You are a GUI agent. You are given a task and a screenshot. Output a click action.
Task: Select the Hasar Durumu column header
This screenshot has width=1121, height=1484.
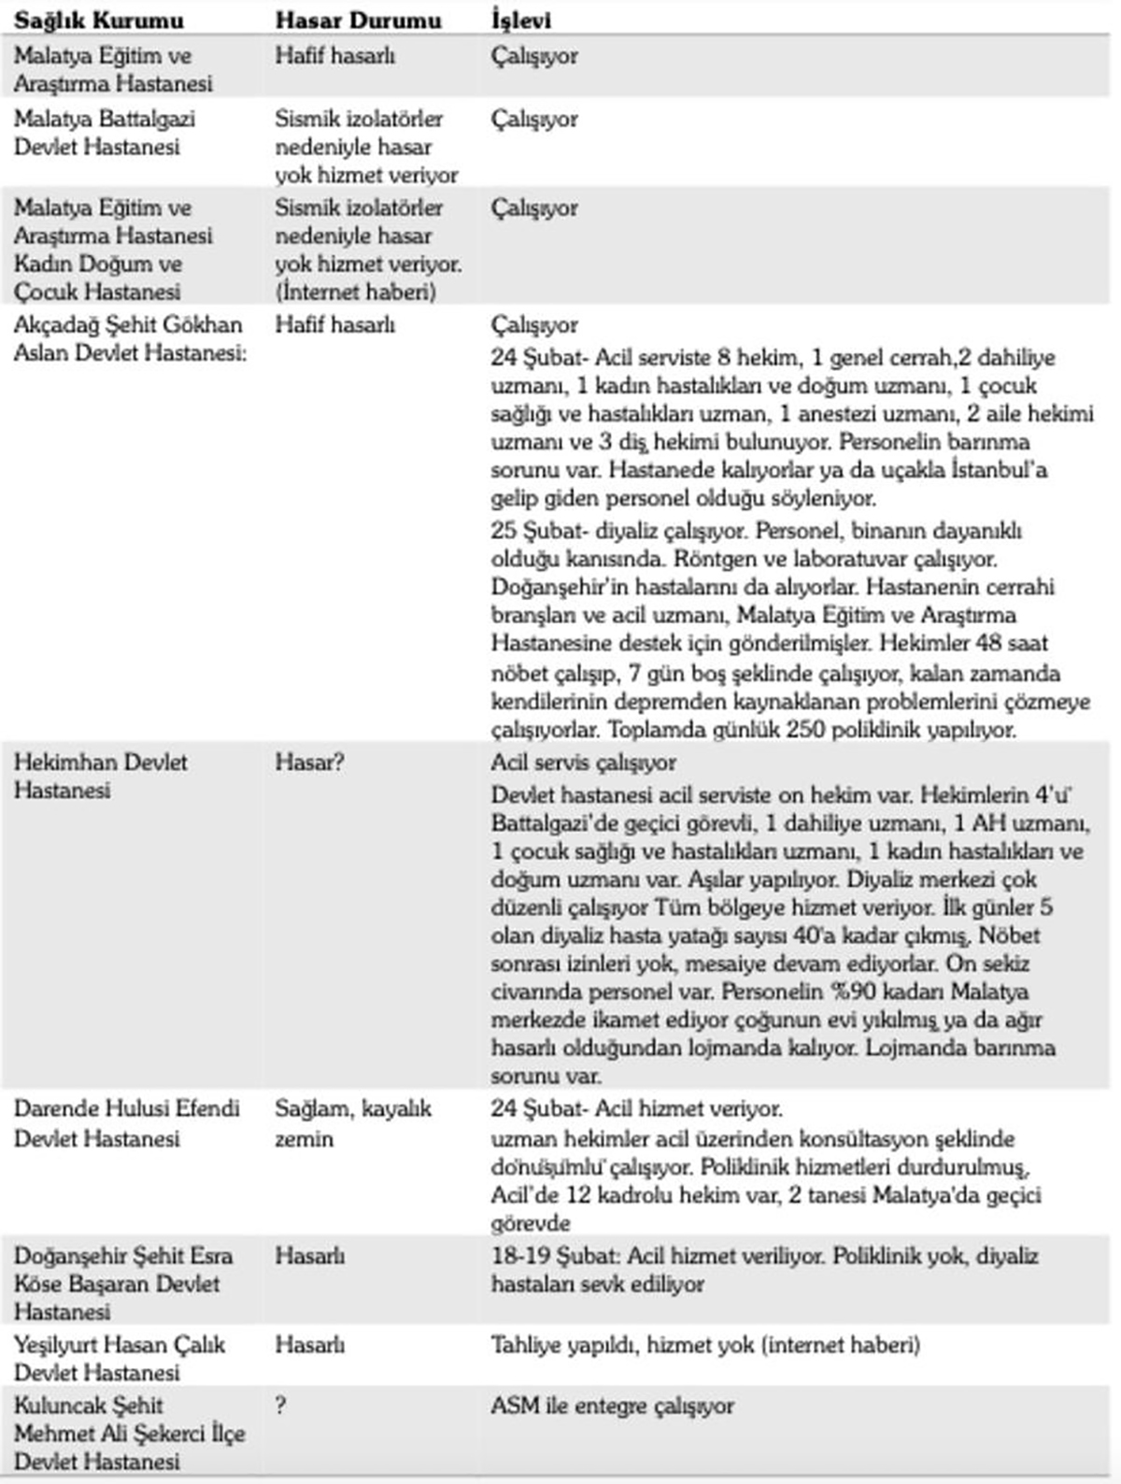(x=358, y=21)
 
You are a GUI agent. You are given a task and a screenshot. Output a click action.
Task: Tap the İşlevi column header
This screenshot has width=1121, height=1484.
(x=520, y=21)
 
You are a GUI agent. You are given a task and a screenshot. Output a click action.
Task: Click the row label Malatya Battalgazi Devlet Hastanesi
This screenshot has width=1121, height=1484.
(x=105, y=133)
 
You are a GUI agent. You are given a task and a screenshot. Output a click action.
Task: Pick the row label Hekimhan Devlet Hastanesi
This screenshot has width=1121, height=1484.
(x=100, y=776)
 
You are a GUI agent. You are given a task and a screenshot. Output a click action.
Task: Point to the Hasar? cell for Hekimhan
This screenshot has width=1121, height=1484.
(x=309, y=763)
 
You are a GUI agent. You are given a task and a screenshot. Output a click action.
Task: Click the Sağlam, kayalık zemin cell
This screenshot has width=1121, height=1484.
(x=353, y=1123)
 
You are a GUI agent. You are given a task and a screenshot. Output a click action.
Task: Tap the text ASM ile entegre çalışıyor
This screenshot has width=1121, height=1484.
(x=612, y=1406)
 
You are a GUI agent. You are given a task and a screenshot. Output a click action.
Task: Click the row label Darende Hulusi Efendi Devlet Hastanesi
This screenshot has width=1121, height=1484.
(x=126, y=1123)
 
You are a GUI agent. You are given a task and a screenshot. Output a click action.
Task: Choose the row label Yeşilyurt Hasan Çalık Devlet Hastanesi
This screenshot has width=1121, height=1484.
(x=120, y=1359)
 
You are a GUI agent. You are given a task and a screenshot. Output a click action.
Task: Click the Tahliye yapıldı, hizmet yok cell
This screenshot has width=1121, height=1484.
(x=705, y=1346)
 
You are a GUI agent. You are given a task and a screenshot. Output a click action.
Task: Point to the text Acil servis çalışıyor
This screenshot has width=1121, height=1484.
(x=584, y=763)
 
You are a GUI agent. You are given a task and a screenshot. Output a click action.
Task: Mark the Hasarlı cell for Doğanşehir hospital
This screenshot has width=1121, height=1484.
(x=309, y=1256)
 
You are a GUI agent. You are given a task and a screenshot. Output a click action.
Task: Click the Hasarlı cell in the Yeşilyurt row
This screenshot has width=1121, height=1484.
(x=309, y=1346)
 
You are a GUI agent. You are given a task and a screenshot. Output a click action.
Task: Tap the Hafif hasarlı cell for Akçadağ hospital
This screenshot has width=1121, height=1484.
(x=334, y=325)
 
